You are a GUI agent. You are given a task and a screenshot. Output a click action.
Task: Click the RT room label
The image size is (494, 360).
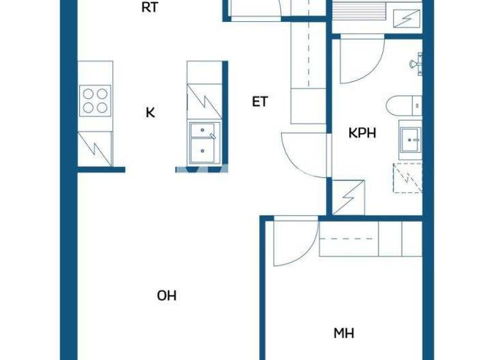coord(150,8)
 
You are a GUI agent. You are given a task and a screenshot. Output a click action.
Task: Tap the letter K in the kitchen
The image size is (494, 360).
coord(150,113)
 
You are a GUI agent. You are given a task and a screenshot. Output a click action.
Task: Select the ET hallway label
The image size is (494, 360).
coord(260,102)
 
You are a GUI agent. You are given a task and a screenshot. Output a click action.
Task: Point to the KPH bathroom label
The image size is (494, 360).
coord(362,134)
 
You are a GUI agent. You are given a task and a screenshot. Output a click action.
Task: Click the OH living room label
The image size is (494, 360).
coord(167,296)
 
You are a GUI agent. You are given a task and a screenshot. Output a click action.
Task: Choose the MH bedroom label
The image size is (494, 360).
coord(343,333)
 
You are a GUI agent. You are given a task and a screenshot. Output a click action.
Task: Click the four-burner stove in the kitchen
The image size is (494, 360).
coord(95,100)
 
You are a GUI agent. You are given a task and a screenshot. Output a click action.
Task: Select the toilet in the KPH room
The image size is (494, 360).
coord(405,105)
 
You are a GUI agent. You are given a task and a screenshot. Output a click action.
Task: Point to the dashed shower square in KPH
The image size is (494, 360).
coord(408,177)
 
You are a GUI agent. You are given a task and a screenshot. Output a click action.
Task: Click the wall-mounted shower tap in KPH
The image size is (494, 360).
coord(417,62)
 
